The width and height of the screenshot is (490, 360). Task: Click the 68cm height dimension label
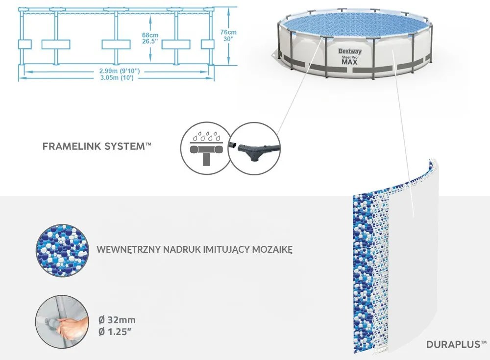click(150, 35)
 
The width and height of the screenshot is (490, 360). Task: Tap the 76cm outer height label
click(229, 32)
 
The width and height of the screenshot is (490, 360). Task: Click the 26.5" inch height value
click(151, 42)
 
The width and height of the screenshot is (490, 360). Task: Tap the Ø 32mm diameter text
click(117, 320)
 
